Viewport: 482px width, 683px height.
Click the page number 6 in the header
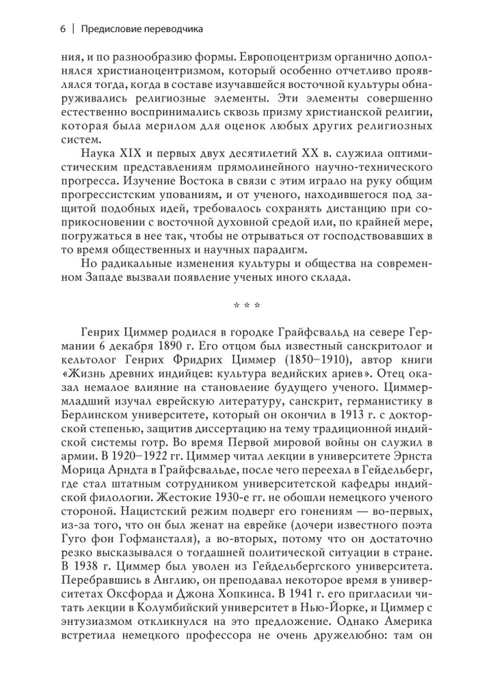(63, 29)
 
